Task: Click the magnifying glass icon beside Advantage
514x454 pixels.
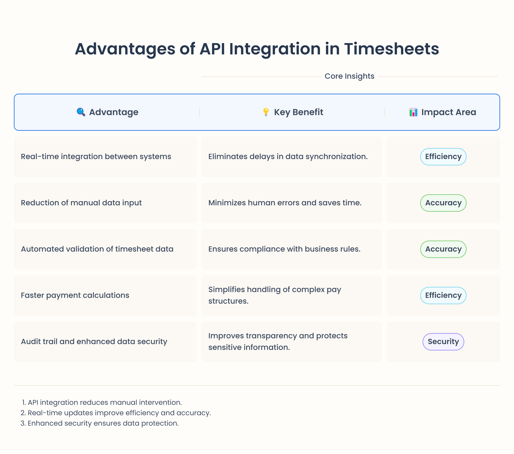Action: point(81,112)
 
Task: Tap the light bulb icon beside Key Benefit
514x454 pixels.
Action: point(266,112)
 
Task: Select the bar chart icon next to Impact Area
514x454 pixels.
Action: point(413,112)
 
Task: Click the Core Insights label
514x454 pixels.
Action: point(349,76)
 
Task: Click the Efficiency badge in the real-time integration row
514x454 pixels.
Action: point(443,157)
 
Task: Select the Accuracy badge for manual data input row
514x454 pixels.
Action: point(443,203)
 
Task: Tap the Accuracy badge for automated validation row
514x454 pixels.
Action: point(443,249)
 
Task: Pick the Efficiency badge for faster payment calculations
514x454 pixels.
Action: point(443,295)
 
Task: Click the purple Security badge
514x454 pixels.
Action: point(443,341)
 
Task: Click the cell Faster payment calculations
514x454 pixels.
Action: point(75,295)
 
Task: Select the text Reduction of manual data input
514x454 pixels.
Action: point(81,203)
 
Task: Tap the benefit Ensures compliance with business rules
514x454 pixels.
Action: point(284,249)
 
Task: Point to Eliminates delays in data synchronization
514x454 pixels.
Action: point(288,157)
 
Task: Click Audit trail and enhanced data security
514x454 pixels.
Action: point(94,341)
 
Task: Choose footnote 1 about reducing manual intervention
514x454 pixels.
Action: point(102,402)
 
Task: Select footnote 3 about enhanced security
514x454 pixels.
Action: point(100,423)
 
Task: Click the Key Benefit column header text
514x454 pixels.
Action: point(298,112)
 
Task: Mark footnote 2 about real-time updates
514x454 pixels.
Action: point(116,413)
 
